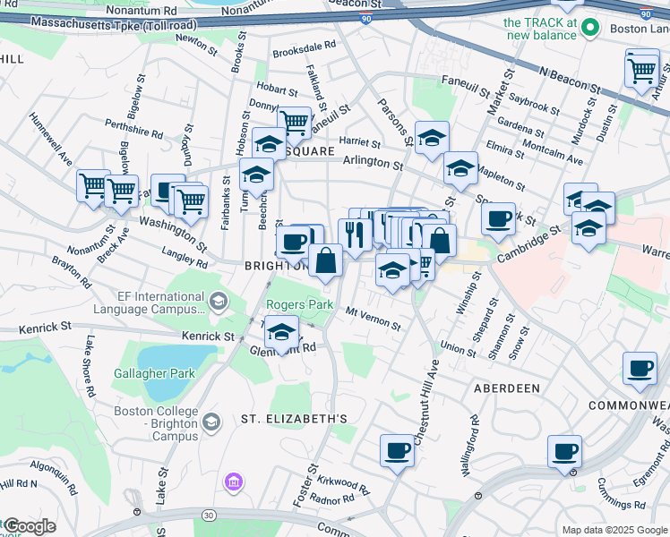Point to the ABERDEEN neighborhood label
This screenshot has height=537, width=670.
coord(507,388)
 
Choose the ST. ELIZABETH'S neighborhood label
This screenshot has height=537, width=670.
coord(293,419)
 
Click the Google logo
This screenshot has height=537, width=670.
coord(29,526)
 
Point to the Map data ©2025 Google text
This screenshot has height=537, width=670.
coord(614,530)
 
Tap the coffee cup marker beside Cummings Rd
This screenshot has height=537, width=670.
coord(565,452)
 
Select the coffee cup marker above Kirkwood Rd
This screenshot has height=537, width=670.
coord(397,451)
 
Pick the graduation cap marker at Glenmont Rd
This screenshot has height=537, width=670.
coord(282,335)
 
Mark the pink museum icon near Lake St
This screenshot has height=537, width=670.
coord(234,483)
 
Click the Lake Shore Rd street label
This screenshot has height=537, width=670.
coord(90,366)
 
